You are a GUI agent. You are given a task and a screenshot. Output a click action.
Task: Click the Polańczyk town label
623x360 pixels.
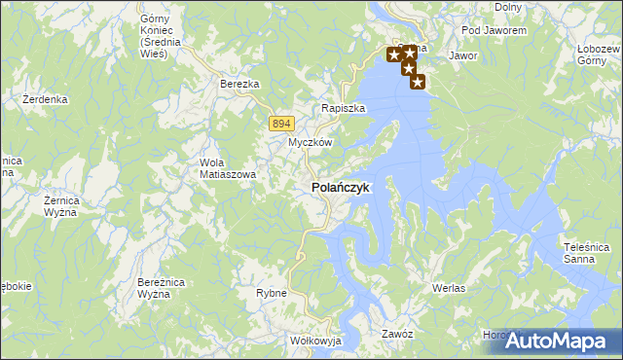click(340, 188)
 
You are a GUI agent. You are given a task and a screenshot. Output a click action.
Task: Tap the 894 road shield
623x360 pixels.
click(281, 123)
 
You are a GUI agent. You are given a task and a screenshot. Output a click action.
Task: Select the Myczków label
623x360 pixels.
click(311, 142)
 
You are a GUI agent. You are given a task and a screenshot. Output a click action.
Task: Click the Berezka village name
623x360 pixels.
click(239, 85)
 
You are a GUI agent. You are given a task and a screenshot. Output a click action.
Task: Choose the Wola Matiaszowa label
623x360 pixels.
click(228, 168)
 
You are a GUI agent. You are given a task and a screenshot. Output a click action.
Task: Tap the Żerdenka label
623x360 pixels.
click(46, 99)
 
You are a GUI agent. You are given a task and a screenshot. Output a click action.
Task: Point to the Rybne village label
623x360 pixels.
click(271, 293)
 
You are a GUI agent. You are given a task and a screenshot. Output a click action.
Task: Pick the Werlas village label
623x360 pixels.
click(449, 289)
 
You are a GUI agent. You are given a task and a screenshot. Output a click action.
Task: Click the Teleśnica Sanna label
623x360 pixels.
click(587, 253)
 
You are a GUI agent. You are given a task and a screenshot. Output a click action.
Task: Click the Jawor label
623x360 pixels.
click(462, 56)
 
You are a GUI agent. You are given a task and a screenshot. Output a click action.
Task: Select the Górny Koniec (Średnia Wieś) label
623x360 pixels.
click(155, 36)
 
